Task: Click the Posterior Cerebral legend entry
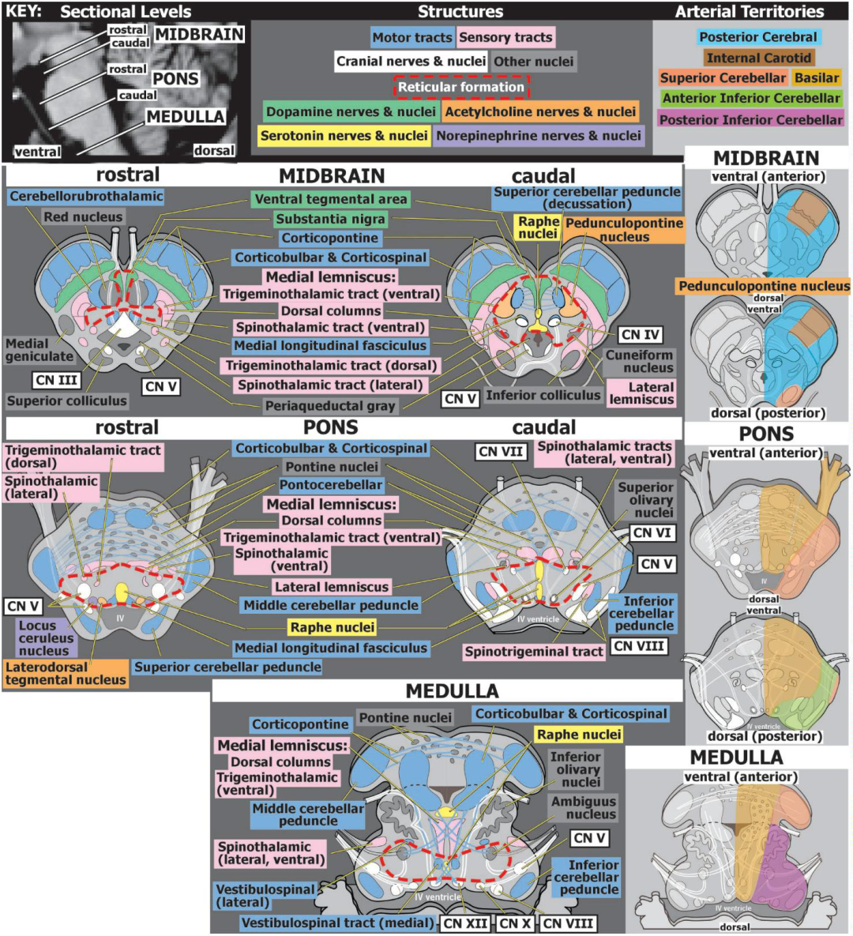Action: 758,37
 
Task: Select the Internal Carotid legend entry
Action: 759,58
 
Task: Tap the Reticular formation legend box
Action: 460,87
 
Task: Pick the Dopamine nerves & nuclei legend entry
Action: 351,111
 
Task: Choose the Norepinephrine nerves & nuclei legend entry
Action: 539,136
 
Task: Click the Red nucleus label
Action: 83,216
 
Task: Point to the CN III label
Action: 56,380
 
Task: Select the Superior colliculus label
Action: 67,400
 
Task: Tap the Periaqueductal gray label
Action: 330,406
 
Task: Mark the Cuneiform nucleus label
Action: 639,361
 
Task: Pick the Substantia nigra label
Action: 330,219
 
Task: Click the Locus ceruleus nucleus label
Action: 46,638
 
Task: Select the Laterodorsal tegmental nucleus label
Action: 66,673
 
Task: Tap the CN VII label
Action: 501,452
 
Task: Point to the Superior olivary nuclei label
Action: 646,500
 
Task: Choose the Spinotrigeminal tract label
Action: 534,652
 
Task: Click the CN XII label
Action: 465,923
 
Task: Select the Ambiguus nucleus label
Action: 583,808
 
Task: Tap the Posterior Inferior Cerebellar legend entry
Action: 751,119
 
